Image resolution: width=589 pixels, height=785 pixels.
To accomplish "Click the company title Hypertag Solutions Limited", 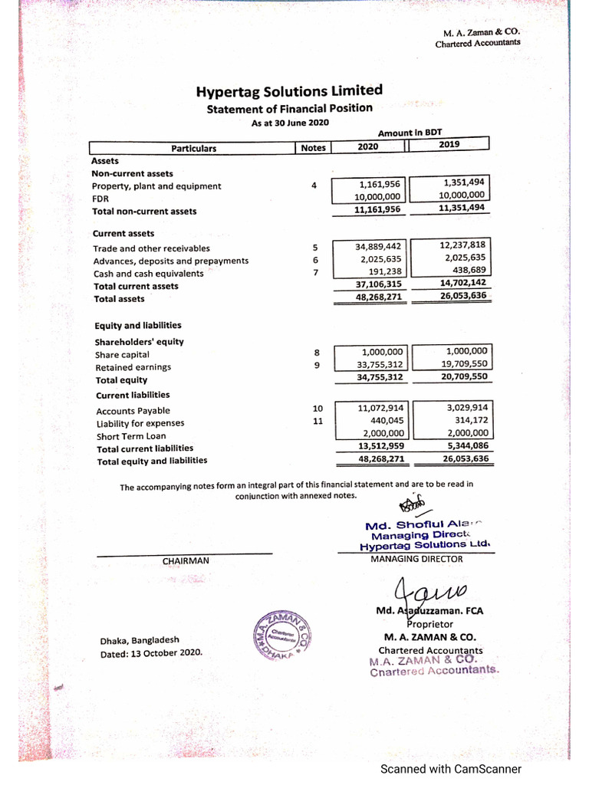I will (x=289, y=91).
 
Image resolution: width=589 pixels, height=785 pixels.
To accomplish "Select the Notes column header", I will (x=313, y=148).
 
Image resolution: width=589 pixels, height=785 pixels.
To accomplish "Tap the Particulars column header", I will (x=193, y=149).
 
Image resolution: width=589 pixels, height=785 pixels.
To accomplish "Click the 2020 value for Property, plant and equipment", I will (x=380, y=185).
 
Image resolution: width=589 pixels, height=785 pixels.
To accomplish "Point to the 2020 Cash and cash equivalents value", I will (x=386, y=272).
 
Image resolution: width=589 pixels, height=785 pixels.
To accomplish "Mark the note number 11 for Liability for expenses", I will (x=318, y=422).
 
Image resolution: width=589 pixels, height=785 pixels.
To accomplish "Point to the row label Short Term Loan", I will (x=130, y=436).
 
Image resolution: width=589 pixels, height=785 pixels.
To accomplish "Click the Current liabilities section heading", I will (x=133, y=396).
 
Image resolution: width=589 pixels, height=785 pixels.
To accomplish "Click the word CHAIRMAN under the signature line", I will (x=185, y=560).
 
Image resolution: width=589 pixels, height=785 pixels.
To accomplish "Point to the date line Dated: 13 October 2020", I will (x=151, y=652).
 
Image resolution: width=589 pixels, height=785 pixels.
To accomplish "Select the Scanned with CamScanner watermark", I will (x=452, y=769).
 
